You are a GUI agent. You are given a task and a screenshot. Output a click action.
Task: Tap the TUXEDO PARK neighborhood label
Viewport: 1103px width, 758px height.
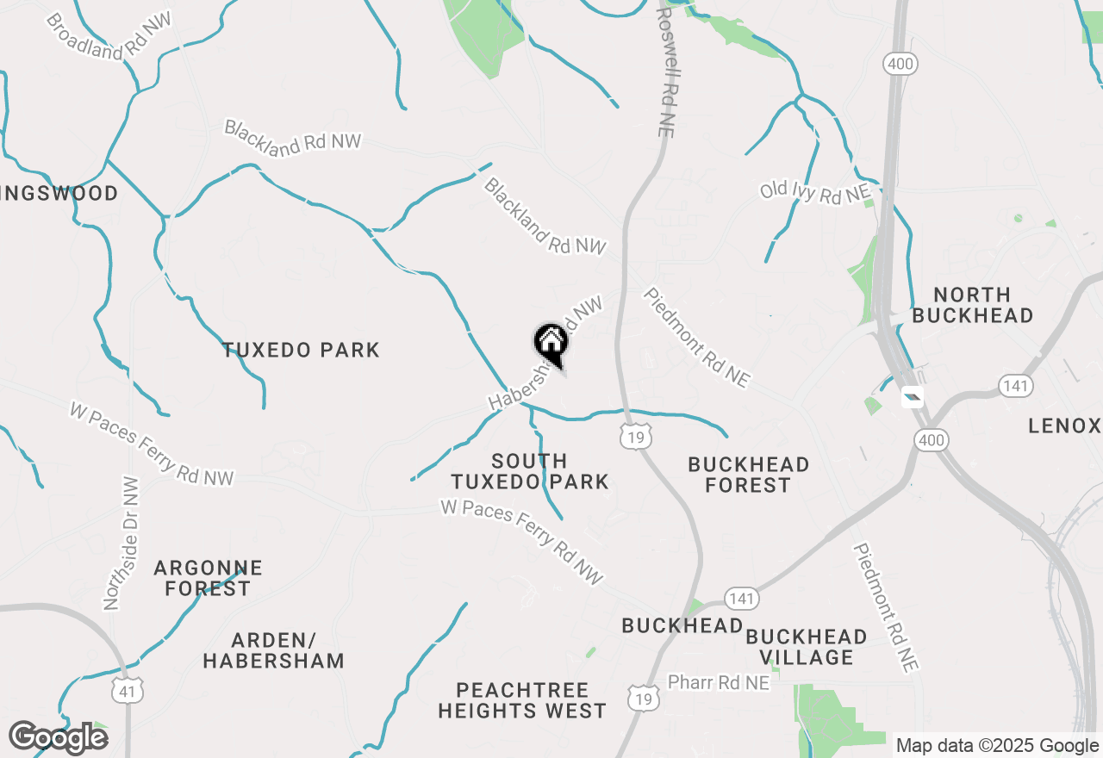click(301, 350)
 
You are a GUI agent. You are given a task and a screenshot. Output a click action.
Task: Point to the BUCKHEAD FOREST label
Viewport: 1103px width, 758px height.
click(748, 475)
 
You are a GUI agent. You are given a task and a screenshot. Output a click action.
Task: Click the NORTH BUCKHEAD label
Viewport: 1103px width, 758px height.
click(972, 305)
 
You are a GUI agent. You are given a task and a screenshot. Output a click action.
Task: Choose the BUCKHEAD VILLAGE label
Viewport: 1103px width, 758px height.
click(806, 647)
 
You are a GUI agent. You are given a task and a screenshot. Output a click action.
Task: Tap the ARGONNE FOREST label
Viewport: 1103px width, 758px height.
click(208, 578)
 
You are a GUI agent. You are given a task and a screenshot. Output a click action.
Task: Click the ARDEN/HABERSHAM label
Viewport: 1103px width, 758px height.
click(274, 650)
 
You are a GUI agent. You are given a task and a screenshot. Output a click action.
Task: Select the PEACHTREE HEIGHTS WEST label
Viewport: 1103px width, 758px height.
click(522, 700)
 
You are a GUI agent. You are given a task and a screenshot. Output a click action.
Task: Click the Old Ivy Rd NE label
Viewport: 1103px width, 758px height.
click(815, 191)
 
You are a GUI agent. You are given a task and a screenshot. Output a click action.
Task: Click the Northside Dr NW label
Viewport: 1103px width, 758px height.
click(121, 544)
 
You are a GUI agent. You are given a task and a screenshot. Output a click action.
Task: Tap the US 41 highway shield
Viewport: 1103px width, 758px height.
click(127, 690)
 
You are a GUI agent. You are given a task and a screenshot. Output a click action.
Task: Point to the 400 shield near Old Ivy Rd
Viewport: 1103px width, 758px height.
click(900, 63)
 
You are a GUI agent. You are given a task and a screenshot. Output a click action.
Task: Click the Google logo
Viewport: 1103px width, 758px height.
click(58, 737)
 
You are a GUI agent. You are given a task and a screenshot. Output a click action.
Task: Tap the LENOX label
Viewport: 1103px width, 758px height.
click(1065, 426)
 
